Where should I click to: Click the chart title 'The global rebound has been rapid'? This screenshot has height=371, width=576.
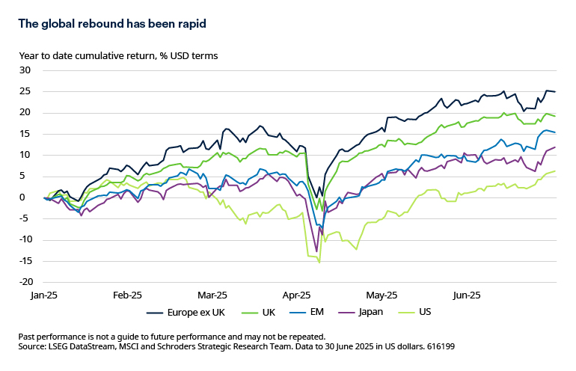pos(111,24)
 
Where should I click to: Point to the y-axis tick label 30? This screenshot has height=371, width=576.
pos(25,70)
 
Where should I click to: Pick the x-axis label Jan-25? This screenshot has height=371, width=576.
pos(43,295)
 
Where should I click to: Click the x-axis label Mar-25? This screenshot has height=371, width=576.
pos(212,295)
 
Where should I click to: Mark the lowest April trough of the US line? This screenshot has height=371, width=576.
pos(319,262)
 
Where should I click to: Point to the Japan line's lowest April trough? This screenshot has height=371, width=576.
pos(316,251)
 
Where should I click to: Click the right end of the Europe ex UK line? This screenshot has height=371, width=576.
pos(554,91)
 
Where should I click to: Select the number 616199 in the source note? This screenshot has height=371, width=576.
pos(437,347)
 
